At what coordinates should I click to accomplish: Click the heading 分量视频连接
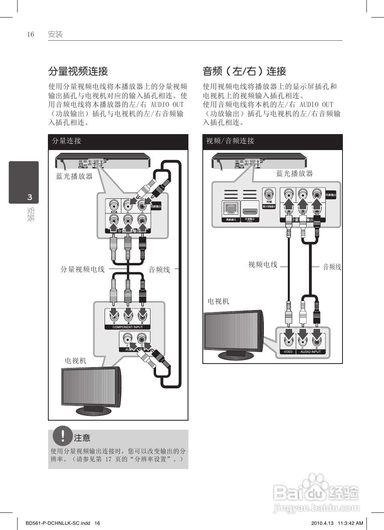pyautogui.click(x=78, y=71)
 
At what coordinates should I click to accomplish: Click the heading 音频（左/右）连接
pyautogui.click(x=244, y=71)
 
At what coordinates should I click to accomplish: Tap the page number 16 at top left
pyautogui.click(x=30, y=34)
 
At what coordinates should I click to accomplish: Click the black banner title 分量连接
pyautogui.click(x=67, y=141)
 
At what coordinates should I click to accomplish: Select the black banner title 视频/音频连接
pyautogui.click(x=230, y=141)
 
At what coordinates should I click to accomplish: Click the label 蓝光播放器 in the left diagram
pyautogui.click(x=74, y=176)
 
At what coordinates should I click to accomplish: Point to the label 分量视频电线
pyautogui.click(x=82, y=269)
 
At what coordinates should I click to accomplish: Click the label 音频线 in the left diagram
pyautogui.click(x=159, y=270)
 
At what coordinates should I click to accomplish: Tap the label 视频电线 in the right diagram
pyautogui.click(x=263, y=265)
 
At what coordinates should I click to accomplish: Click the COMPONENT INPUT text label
pyautogui.click(x=128, y=327)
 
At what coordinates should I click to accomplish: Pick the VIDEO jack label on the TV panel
pyautogui.click(x=288, y=352)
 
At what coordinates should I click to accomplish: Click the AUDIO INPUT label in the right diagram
pyautogui.click(x=311, y=352)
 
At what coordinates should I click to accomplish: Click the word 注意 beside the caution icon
pyautogui.click(x=82, y=438)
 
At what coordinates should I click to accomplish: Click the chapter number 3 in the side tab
pyautogui.click(x=30, y=197)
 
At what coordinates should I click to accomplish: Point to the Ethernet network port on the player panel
pyautogui.click(x=231, y=208)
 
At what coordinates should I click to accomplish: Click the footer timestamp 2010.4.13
pyautogui.click(x=321, y=523)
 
